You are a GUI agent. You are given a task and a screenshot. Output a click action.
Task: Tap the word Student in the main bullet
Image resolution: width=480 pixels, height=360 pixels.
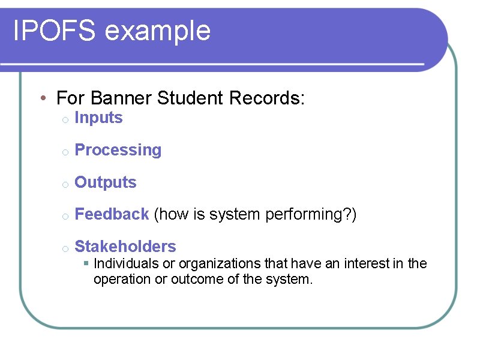click(x=185, y=98)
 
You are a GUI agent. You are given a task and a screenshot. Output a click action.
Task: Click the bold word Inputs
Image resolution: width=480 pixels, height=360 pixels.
click(x=98, y=118)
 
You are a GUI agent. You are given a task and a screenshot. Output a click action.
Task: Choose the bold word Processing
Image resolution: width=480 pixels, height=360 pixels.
click(x=118, y=151)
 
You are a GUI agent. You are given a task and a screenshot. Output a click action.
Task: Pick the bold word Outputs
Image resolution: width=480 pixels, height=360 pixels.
click(x=106, y=182)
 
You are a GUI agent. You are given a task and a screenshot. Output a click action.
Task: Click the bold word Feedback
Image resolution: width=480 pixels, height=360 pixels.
click(x=112, y=214)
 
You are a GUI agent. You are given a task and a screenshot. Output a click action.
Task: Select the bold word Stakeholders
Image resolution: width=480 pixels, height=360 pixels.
click(x=125, y=247)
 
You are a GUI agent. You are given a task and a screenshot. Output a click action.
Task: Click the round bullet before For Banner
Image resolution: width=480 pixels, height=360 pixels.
click(x=44, y=98)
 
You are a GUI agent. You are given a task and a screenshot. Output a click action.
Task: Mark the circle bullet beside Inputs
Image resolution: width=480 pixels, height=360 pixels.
click(x=64, y=120)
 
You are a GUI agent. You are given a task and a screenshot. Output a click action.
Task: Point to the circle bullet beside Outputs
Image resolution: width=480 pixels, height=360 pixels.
click(x=64, y=184)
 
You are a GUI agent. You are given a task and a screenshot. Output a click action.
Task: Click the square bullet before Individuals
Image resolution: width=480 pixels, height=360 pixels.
click(x=86, y=263)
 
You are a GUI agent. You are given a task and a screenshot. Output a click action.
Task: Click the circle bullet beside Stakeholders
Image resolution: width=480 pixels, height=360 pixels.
click(x=64, y=248)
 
